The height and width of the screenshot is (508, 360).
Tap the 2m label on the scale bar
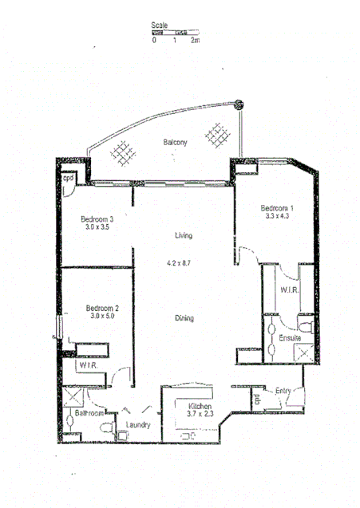coord(194,40)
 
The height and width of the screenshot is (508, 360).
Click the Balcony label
coord(176,143)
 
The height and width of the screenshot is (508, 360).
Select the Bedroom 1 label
coord(278,208)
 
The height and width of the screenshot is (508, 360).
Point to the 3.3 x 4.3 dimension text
coord(277,216)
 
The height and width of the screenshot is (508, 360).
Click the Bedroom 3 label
coord(100,219)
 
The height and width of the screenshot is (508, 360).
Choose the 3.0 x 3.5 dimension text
coord(100,227)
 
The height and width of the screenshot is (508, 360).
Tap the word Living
coord(184,236)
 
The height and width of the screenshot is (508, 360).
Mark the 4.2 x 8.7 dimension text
coord(182,262)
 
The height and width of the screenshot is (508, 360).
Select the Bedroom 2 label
coord(102,308)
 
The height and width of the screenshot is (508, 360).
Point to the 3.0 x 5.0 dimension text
coord(102,317)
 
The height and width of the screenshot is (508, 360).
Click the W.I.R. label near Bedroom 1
coord(289,290)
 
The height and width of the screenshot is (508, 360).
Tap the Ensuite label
coord(289,339)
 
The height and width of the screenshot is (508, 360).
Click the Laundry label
coord(138,424)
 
